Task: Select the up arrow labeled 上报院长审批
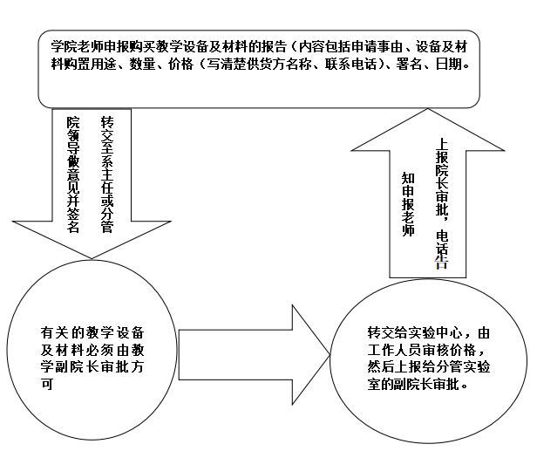[x=428, y=192]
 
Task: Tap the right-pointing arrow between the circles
[x=254, y=355]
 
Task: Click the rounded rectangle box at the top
[x=259, y=69]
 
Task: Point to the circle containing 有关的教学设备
[x=92, y=351]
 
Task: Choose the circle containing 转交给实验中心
[x=428, y=360]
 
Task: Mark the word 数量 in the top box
[x=142, y=64]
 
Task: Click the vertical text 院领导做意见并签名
[x=73, y=175]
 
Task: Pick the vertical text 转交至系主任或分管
[x=107, y=175]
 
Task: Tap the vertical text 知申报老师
[x=408, y=205]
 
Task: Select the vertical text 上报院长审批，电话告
[x=442, y=203]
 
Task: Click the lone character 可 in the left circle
[x=47, y=384]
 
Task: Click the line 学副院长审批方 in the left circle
[x=92, y=367]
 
